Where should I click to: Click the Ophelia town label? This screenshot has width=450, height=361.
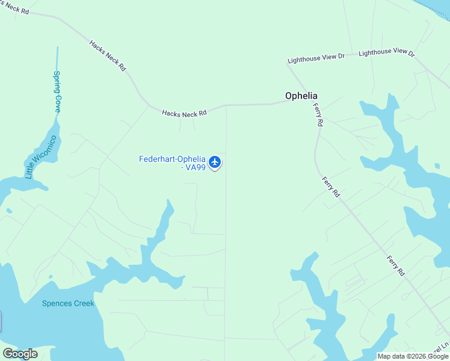click(x=301, y=96)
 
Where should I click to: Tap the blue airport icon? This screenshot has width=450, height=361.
click(x=215, y=162)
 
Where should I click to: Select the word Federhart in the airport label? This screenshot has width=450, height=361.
click(x=156, y=159)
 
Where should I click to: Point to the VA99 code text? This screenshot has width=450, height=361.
click(x=196, y=167)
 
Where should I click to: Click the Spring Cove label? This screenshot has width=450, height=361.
click(x=57, y=92)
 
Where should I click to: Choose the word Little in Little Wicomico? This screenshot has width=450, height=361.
click(x=29, y=171)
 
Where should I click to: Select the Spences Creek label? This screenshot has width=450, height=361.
click(x=68, y=303)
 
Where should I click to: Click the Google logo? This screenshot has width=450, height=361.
click(x=20, y=354)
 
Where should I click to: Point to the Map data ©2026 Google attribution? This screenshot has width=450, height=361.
click(x=413, y=356)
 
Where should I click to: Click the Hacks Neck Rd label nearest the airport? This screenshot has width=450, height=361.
click(x=184, y=113)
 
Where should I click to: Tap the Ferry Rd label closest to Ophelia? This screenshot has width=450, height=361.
click(x=318, y=114)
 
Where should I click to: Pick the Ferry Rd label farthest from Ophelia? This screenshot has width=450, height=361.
click(x=395, y=265)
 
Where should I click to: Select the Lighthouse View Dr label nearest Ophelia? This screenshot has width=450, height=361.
click(x=316, y=58)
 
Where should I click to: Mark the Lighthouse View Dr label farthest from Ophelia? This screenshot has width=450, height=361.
click(x=387, y=53)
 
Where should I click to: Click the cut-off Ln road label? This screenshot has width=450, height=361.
click(x=444, y=347)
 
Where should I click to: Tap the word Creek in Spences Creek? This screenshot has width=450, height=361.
click(x=84, y=303)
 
